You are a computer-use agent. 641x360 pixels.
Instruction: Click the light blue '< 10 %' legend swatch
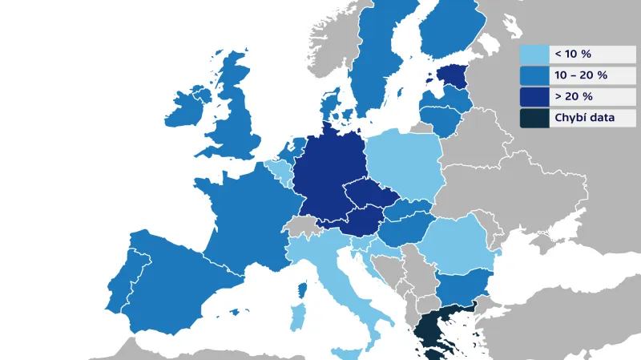(534, 55)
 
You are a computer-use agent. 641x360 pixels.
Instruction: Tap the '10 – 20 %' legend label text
(580, 75)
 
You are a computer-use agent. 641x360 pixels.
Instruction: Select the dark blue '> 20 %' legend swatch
(534, 96)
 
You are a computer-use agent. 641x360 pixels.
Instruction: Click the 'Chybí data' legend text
(584, 118)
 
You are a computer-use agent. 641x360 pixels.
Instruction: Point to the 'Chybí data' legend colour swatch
(534, 118)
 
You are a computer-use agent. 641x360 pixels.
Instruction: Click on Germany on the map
(325, 172)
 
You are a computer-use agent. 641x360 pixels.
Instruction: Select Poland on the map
(405, 164)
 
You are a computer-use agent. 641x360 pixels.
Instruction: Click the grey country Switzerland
(303, 226)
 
